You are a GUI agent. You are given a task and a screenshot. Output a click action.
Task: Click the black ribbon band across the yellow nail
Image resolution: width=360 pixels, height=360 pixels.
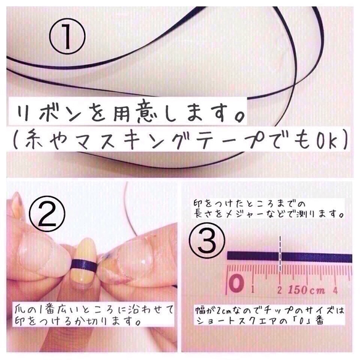[83, 266]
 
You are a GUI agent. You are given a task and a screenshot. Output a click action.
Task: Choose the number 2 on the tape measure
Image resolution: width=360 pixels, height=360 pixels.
[280, 288]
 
